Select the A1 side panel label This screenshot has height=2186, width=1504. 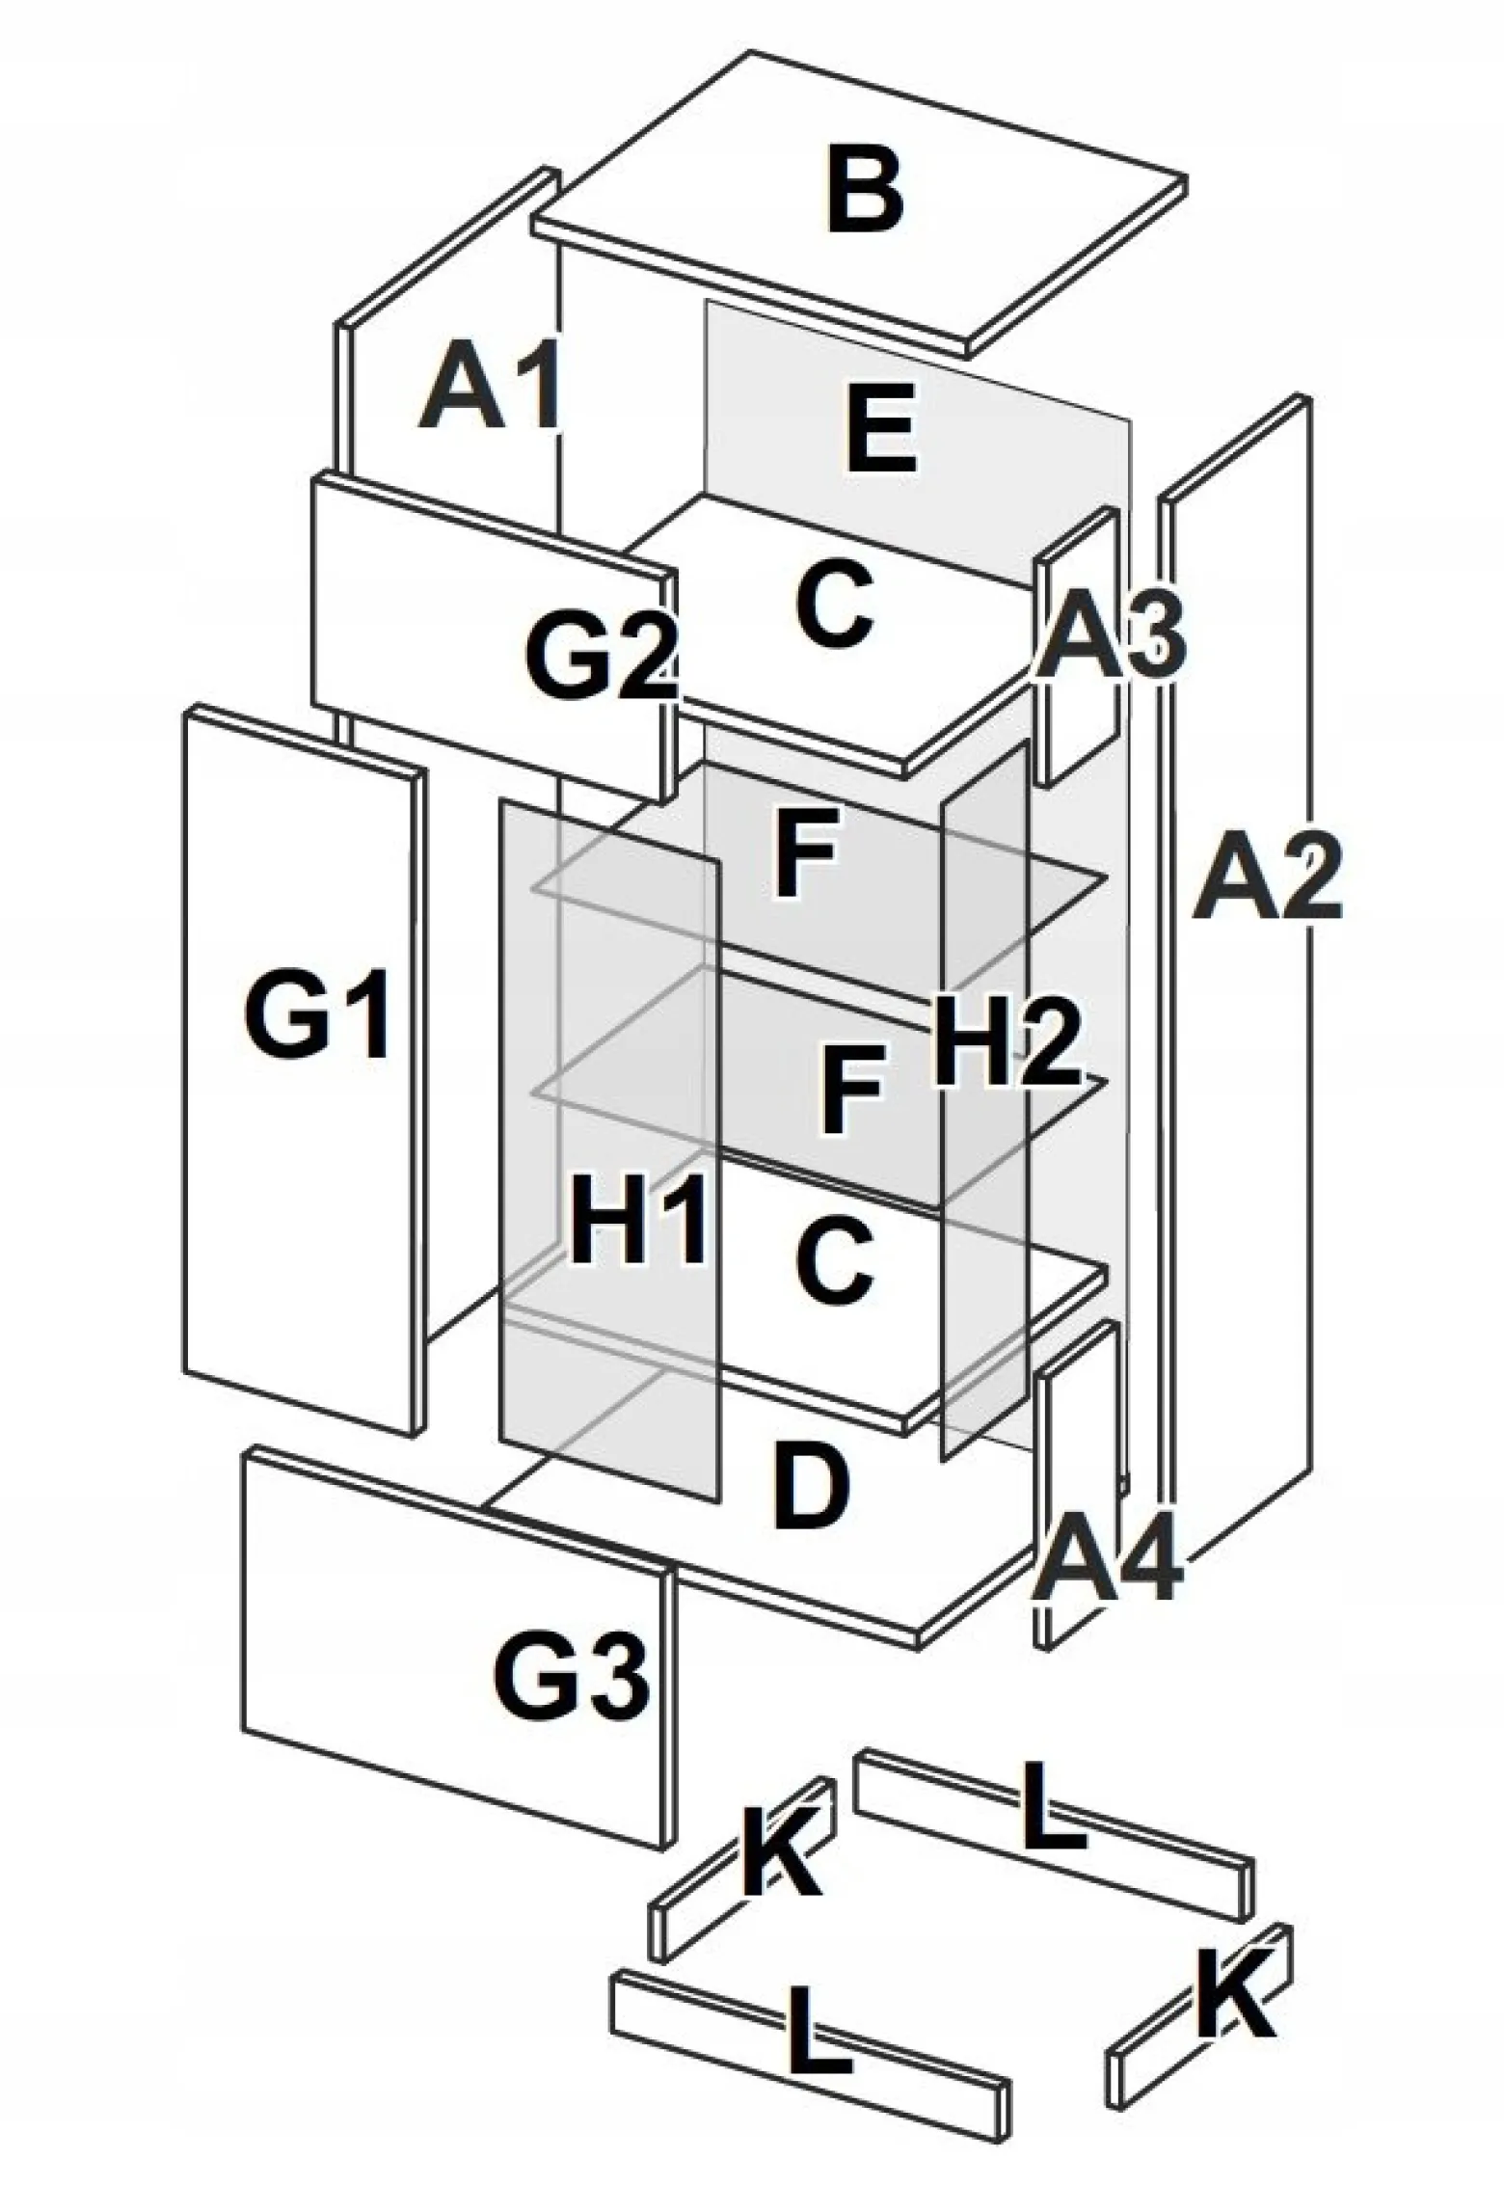tap(490, 386)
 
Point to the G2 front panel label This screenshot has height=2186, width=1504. tap(602, 659)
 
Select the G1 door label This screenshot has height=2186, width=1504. tap(317, 1015)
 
